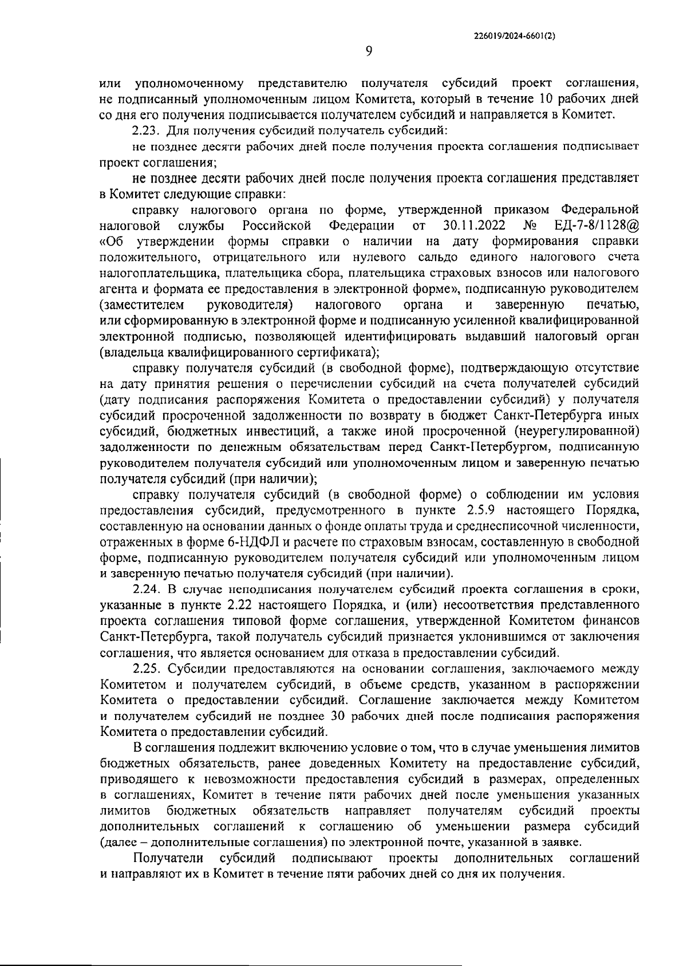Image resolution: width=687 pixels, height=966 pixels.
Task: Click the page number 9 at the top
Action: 368,51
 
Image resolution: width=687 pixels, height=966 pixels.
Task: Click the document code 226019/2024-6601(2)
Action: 515,35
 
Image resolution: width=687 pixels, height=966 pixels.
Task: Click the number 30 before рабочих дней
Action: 337,716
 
